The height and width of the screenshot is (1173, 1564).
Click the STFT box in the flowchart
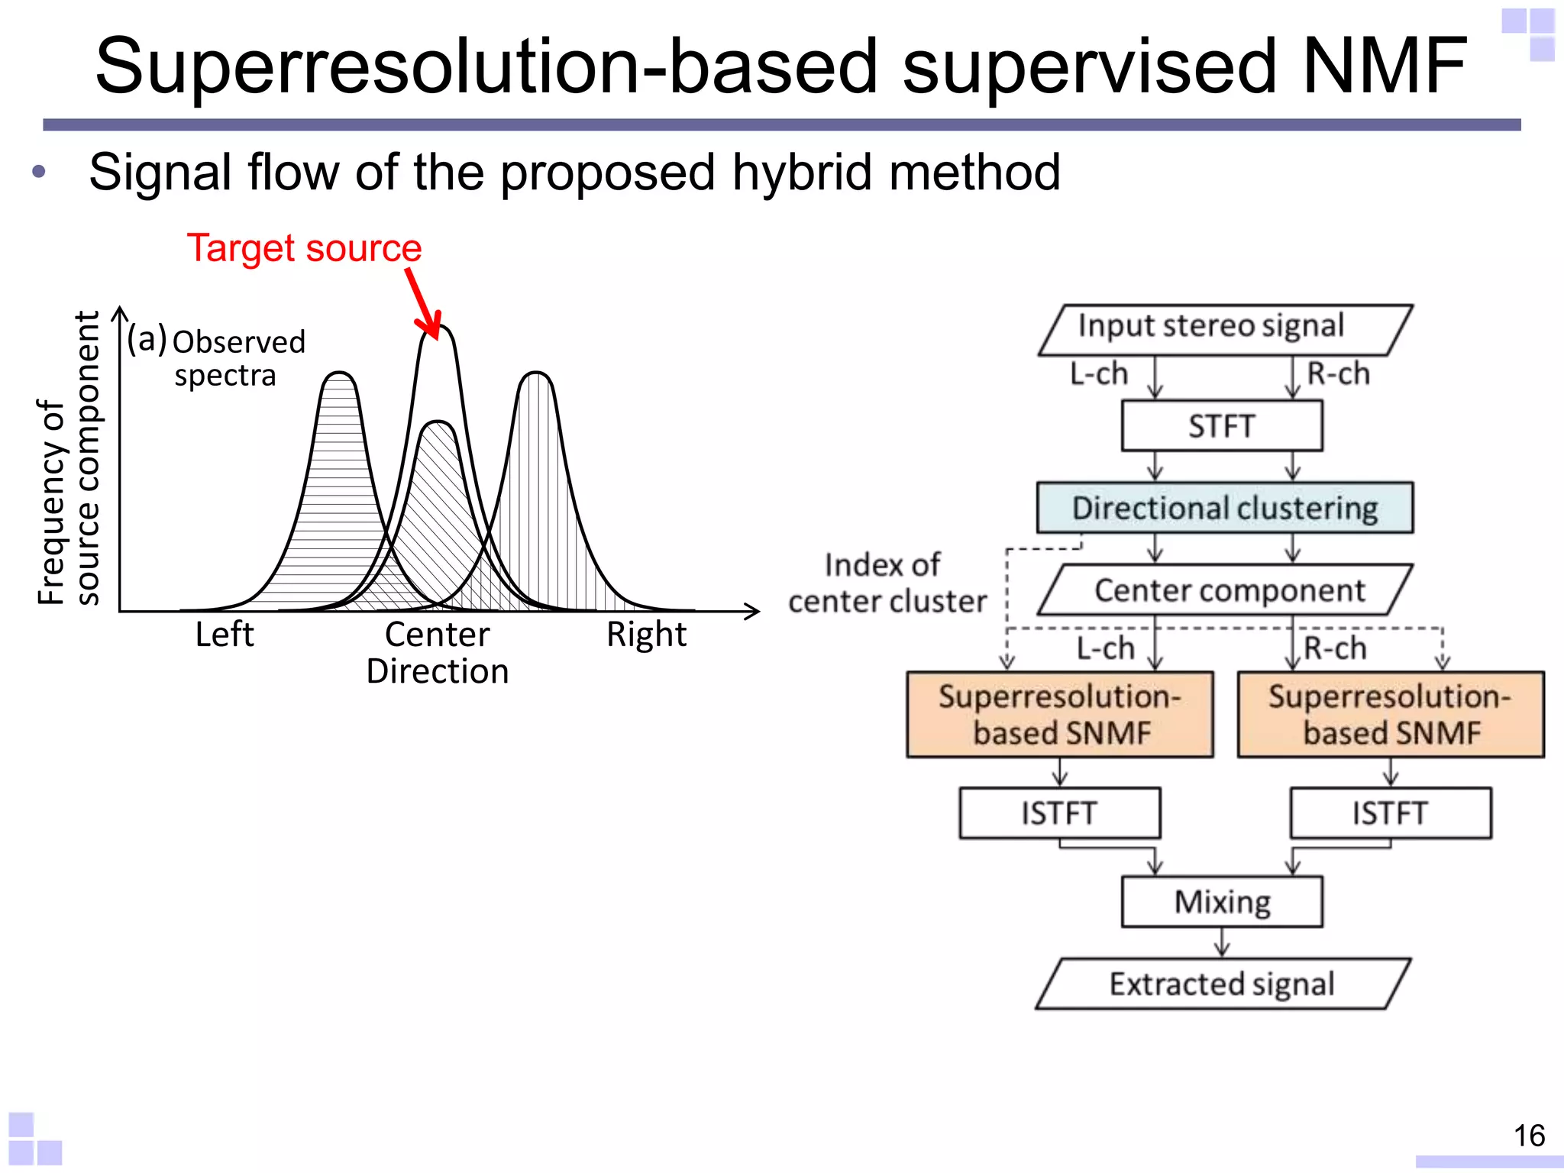[x=1222, y=426]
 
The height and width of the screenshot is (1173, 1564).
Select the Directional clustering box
[x=1225, y=508]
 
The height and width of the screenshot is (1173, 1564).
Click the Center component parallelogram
[x=1225, y=590]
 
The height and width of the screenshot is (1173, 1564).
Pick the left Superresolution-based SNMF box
[x=1060, y=715]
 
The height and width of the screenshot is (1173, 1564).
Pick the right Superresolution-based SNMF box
[x=1390, y=715]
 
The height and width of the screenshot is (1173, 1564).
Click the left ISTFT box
[x=1060, y=813]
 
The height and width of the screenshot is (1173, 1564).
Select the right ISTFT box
[x=1390, y=813]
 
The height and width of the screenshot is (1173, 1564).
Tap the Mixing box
[x=1222, y=902]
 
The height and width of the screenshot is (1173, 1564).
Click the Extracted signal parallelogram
[x=1222, y=984]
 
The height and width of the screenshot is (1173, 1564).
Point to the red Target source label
[x=304, y=248]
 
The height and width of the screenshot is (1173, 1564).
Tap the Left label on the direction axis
[x=224, y=635]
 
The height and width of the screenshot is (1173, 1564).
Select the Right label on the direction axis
[x=646, y=635]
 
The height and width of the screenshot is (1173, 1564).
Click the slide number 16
[x=1529, y=1136]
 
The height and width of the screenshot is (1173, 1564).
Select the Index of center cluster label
[x=886, y=583]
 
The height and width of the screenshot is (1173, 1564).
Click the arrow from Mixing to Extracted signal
[x=1222, y=942]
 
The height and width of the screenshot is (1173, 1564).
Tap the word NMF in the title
[x=1384, y=67]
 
